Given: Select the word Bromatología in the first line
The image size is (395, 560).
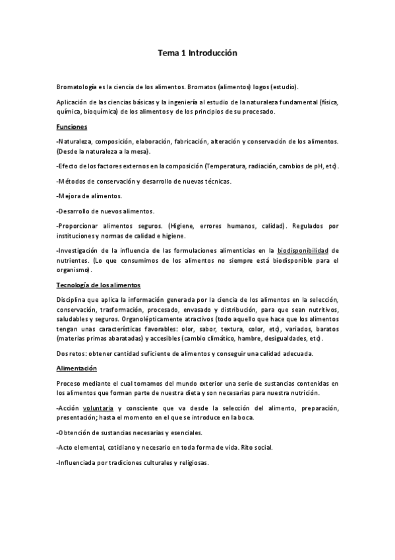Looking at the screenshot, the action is tap(76, 87).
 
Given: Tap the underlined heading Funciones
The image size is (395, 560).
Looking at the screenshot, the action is tap(72, 126).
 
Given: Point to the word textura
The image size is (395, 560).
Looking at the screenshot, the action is tap(237, 328).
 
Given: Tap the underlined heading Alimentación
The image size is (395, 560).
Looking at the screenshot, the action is tap(76, 368).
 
